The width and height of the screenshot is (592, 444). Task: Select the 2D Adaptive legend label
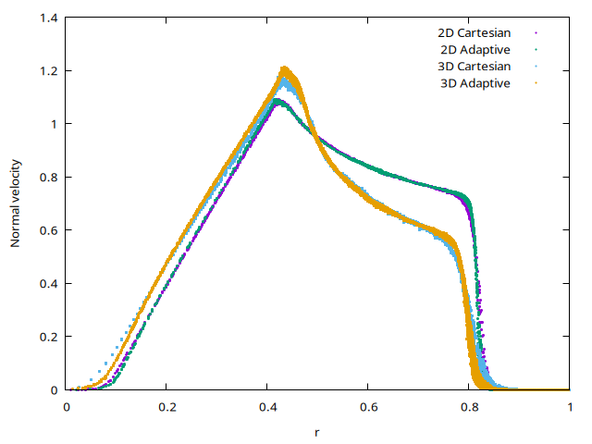pyautogui.click(x=475, y=49)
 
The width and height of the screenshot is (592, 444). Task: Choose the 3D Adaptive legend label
pyautogui.click(x=475, y=82)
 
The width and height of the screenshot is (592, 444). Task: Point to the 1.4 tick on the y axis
pyautogui.click(x=49, y=18)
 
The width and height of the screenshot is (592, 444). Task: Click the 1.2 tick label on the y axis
pyautogui.click(x=49, y=70)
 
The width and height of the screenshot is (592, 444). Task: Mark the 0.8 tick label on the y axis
pyautogui.click(x=49, y=177)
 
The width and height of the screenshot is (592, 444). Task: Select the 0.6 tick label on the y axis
pyautogui.click(x=49, y=230)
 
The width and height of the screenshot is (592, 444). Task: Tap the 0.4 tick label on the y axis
pyautogui.click(x=49, y=283)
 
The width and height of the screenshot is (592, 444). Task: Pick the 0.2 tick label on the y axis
pyautogui.click(x=49, y=337)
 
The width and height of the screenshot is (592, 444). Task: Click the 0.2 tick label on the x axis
pyautogui.click(x=166, y=406)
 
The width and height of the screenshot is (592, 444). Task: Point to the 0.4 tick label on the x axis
pyautogui.click(x=267, y=406)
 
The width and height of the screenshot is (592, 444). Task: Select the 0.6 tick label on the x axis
pyautogui.click(x=368, y=406)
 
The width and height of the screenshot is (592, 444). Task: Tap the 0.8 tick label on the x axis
pyautogui.click(x=469, y=406)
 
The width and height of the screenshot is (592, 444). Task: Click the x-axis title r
pyautogui.click(x=317, y=431)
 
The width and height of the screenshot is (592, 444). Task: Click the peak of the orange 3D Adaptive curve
pyautogui.click(x=285, y=68)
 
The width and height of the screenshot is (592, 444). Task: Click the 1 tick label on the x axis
pyautogui.click(x=570, y=406)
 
